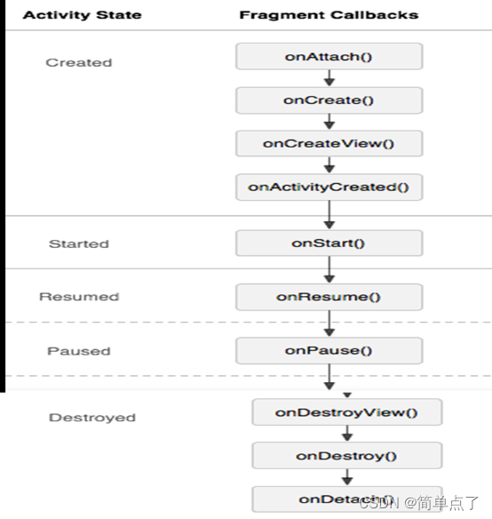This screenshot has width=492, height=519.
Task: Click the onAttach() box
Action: point(329,56)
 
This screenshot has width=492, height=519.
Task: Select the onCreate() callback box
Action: point(329,100)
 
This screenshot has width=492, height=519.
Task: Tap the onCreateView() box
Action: point(329,143)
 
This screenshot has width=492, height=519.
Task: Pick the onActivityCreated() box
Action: point(329,187)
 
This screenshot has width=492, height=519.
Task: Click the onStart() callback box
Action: point(329,243)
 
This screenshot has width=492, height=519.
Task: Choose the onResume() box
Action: point(329,297)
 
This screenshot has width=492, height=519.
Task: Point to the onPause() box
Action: point(329,350)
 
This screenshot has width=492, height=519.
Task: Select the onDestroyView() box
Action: point(346,412)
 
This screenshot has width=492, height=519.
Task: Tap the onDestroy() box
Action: point(346,456)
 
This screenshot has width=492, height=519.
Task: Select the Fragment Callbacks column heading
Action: point(329,15)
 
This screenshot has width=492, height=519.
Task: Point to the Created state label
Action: point(79,62)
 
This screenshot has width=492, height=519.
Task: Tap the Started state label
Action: point(79,244)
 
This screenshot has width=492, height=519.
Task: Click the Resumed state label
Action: point(79,297)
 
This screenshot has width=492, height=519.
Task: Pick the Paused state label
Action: point(79,351)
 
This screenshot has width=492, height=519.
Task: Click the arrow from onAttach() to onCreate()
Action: point(329,78)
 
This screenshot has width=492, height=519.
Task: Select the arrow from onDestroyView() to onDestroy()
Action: point(347,434)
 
